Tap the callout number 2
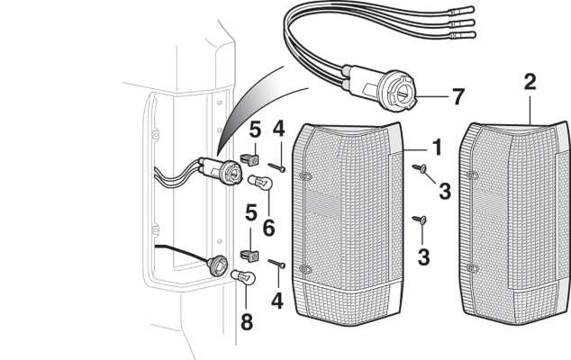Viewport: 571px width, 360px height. (530, 83)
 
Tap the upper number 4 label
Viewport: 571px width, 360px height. (279, 130)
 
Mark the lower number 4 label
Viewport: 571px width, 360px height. (278, 300)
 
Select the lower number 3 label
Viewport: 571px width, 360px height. (423, 257)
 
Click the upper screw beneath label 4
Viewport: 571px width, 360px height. (278, 166)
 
